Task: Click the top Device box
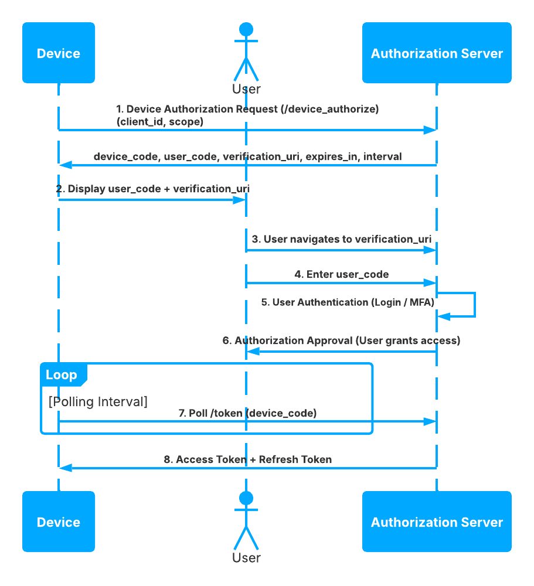click(59, 53)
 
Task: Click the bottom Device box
click(59, 522)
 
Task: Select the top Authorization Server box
click(437, 53)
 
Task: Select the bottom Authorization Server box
click(437, 522)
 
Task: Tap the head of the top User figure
click(246, 29)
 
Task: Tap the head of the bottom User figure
click(246, 498)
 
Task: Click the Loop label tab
click(62, 375)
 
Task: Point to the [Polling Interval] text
click(98, 401)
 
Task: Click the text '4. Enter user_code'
click(341, 274)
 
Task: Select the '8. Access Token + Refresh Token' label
click(247, 459)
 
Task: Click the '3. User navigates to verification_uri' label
click(342, 239)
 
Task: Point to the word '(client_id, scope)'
click(159, 121)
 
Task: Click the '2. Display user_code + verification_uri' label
click(153, 189)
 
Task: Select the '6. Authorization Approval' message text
click(341, 340)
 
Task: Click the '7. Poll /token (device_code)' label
click(247, 413)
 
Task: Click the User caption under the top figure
click(246, 89)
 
